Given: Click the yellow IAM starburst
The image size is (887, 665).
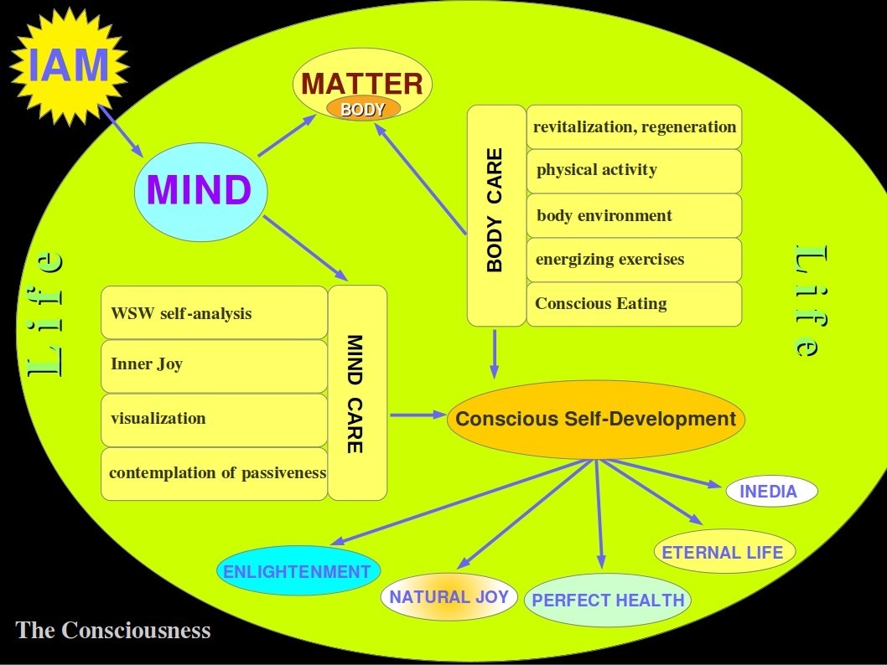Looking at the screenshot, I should (69, 65).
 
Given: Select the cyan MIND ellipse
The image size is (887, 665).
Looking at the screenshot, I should (200, 191).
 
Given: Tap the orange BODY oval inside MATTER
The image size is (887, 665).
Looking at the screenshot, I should (363, 109).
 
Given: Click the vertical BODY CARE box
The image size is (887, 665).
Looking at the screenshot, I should (495, 214).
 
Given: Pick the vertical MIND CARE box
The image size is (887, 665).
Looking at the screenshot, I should (357, 393).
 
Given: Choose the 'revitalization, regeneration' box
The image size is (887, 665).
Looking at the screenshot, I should (634, 127).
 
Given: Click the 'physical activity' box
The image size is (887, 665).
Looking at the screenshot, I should (634, 171).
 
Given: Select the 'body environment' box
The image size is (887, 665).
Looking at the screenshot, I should (634, 215).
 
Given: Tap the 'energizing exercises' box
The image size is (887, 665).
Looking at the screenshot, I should (634, 260).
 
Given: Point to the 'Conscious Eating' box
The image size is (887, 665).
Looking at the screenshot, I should (634, 303).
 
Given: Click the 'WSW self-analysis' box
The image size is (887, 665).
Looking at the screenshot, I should (214, 313).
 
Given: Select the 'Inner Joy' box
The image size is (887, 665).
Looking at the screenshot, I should (214, 365).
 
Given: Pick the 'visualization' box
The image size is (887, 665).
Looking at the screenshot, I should (214, 419).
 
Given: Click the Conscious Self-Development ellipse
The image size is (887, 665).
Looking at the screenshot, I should (596, 420).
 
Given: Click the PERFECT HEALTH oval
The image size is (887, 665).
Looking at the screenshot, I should (608, 600).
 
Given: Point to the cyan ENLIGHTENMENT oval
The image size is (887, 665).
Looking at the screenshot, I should (298, 572).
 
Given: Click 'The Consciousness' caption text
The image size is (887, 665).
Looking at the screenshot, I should (113, 630).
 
